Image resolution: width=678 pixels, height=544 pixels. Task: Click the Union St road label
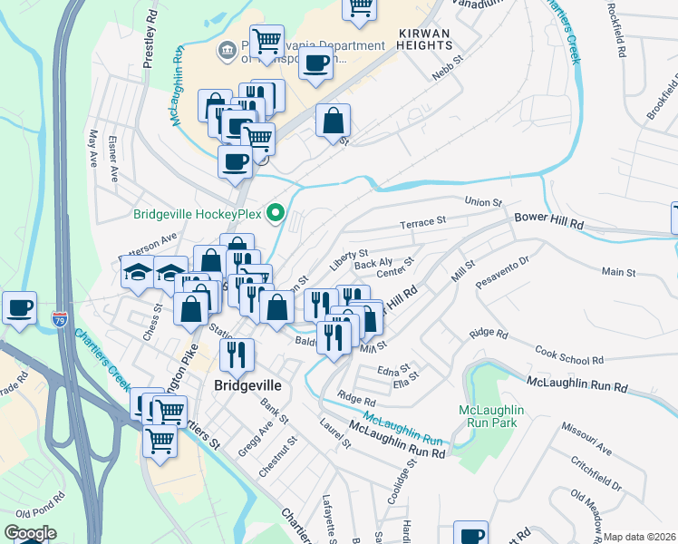click(482, 201)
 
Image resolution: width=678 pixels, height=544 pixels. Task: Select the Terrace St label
click(424, 221)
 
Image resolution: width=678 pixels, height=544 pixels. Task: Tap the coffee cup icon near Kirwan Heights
click(315, 63)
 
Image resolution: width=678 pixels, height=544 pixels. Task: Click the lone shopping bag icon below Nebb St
click(333, 120)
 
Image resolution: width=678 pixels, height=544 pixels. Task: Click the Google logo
click(30, 533)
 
